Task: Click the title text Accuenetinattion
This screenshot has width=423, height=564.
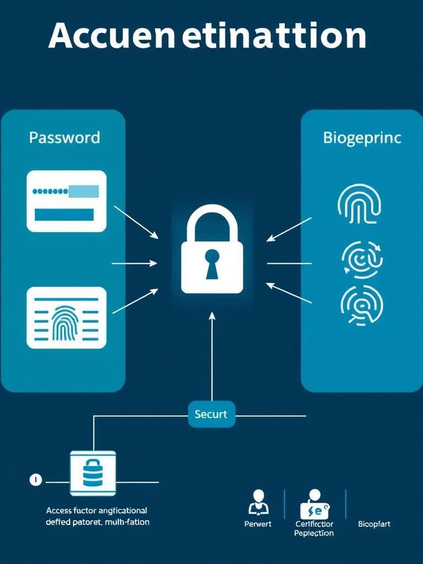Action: tap(207, 36)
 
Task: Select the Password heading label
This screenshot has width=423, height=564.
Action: tap(64, 137)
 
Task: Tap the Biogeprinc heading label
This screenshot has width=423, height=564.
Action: tap(362, 138)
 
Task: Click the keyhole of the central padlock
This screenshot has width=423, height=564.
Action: tap(211, 262)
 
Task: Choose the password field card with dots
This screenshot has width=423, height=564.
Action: tap(66, 200)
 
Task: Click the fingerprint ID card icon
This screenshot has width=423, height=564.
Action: tap(66, 317)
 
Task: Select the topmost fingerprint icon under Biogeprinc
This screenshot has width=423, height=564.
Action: tap(360, 203)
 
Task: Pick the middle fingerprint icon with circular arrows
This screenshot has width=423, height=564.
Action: tap(362, 258)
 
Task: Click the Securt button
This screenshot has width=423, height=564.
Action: tap(211, 414)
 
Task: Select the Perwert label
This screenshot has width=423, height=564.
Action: tap(258, 524)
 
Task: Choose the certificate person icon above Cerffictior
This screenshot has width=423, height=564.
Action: tap(314, 503)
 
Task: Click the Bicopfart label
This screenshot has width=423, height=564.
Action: tap(374, 524)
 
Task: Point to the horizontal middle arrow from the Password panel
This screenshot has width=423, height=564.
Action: tap(134, 264)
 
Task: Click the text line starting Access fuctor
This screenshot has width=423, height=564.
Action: tap(96, 511)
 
